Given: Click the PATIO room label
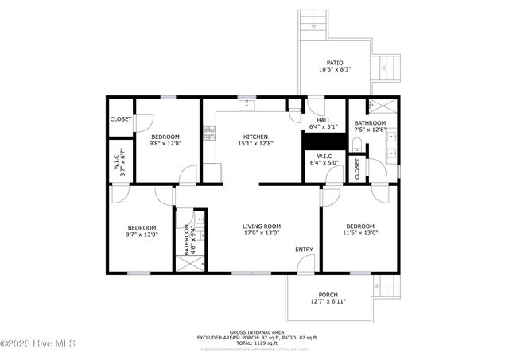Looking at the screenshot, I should tap(335, 62).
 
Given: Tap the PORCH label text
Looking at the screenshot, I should tap(328, 293).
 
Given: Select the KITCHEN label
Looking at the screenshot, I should tap(255, 137).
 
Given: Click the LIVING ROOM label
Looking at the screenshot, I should tap(262, 226).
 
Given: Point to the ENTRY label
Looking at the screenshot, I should tap(304, 250).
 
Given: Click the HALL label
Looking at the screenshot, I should tap(324, 120).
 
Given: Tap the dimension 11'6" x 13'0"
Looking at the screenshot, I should tap(360, 234).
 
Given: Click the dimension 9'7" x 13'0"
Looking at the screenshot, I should tap(142, 234).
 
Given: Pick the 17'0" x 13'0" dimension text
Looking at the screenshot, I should tap(262, 234).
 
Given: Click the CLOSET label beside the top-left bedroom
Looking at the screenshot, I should tap(121, 119).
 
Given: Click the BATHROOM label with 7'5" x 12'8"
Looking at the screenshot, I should tap(370, 123).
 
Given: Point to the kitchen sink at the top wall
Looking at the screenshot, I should tap(247, 103).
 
